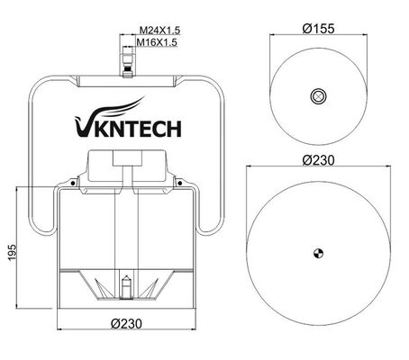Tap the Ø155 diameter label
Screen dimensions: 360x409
(316, 29)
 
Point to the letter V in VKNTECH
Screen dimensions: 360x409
(75, 130)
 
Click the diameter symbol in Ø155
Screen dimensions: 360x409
(304, 29)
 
